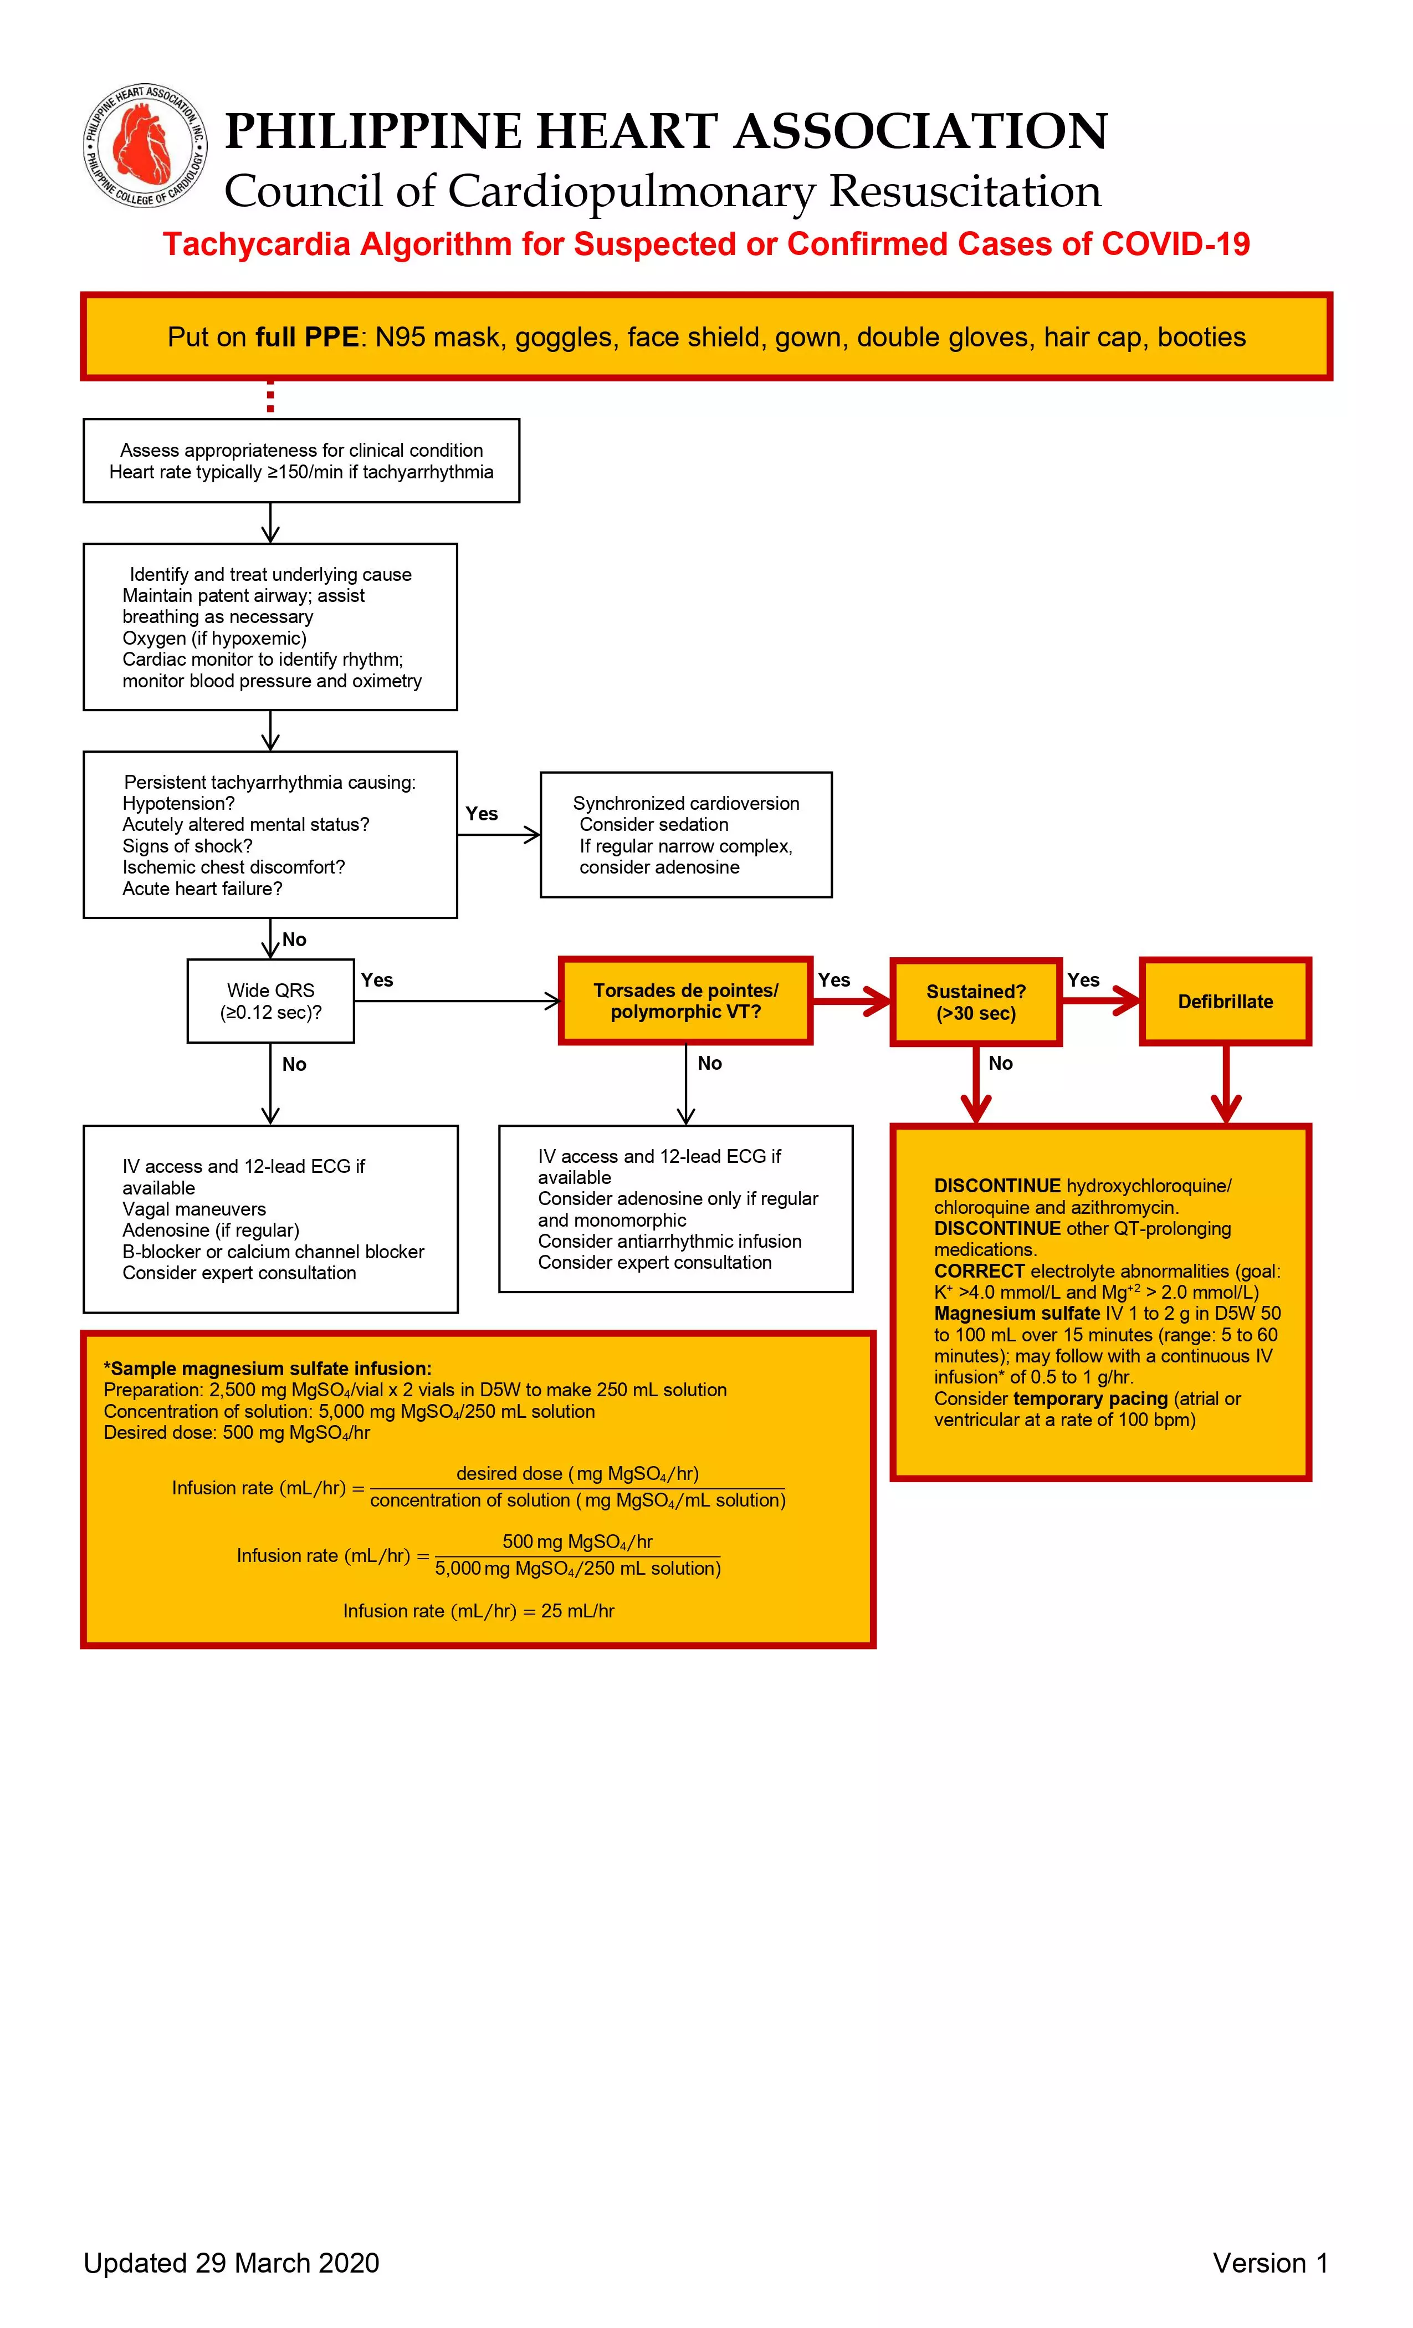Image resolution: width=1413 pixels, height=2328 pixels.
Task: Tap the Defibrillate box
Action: pos(1225,1002)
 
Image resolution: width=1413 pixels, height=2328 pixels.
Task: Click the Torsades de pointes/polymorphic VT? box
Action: pos(686,1000)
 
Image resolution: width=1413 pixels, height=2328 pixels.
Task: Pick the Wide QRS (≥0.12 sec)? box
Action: pos(270,1000)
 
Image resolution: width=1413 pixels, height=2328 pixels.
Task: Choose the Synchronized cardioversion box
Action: pos(686,834)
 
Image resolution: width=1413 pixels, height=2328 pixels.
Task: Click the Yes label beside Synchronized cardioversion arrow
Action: pos(482,814)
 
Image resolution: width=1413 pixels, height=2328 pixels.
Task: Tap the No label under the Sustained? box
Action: pos(1000,1063)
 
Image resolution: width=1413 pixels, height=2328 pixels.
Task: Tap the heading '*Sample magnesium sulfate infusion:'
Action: pos(267,1368)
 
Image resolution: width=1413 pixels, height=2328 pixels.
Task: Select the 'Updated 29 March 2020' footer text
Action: pos(232,2263)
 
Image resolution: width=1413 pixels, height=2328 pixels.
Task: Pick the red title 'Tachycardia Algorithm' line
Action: pos(705,244)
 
